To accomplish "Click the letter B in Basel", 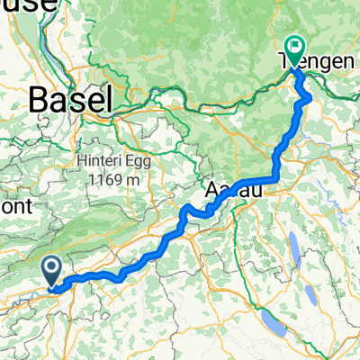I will pyautogui.click(x=40, y=100).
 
